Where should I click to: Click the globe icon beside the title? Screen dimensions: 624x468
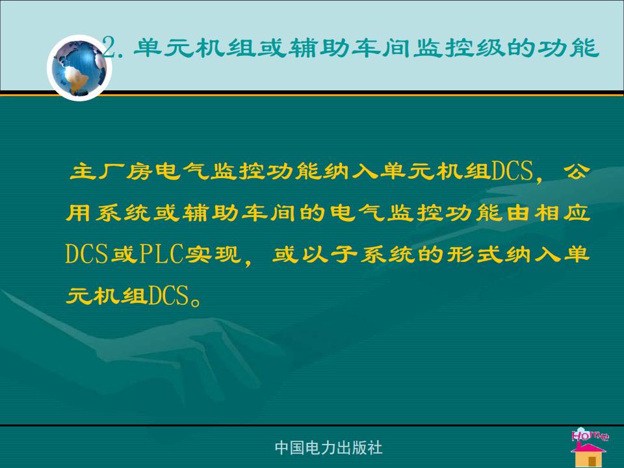[79, 68]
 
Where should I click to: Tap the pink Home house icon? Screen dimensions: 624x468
[589, 447]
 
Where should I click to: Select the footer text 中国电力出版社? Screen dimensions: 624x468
[329, 448]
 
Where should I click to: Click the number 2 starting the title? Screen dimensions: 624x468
[109, 47]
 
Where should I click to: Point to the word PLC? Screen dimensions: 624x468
[162, 254]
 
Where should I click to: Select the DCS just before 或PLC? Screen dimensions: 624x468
[86, 254]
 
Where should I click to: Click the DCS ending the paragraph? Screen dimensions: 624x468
[168, 295]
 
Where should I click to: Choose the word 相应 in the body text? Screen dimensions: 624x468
[562, 213]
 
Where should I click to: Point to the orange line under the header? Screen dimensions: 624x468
[312, 95]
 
